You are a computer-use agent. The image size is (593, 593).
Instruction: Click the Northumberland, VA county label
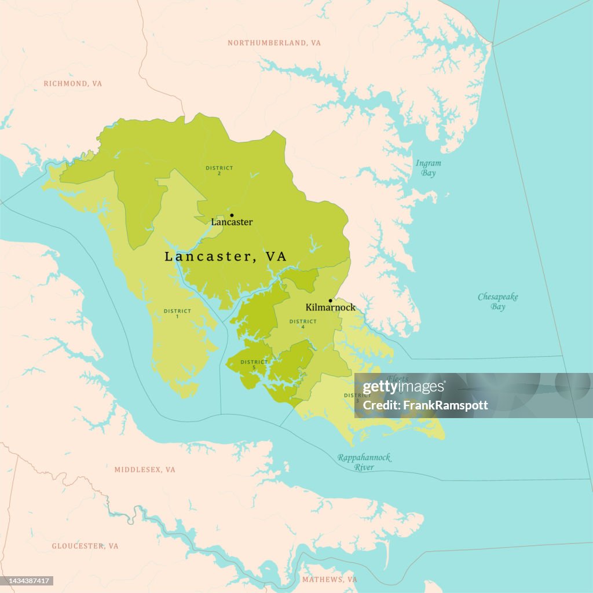[x=274, y=43]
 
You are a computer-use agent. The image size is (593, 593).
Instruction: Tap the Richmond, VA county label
[x=73, y=84]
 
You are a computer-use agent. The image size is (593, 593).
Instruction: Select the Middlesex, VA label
[x=145, y=470]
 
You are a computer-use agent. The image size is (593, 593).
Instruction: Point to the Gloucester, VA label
[x=85, y=546]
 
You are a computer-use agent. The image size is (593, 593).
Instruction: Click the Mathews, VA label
[x=330, y=580]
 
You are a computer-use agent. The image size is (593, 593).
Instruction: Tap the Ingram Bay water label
[x=428, y=168]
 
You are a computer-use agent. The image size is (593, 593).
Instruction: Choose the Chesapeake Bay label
[x=498, y=302]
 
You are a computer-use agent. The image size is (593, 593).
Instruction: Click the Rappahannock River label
[x=364, y=462]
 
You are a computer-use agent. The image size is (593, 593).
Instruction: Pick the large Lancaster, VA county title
[x=225, y=257]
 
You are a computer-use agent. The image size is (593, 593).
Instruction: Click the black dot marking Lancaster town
[x=232, y=215]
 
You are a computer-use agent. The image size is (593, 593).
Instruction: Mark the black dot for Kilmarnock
[x=330, y=301]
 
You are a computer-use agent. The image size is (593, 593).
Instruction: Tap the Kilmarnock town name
[x=330, y=308]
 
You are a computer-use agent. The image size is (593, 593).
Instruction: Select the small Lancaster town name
[x=232, y=222]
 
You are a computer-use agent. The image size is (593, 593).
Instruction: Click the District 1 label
[x=177, y=314]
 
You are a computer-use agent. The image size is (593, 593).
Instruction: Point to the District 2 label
[x=219, y=171]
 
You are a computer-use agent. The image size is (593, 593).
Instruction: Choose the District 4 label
[x=303, y=324]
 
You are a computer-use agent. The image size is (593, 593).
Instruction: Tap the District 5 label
[x=254, y=365]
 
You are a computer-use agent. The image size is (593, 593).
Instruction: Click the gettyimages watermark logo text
[x=404, y=387]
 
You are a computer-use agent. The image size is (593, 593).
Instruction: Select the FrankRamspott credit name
[x=425, y=405]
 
